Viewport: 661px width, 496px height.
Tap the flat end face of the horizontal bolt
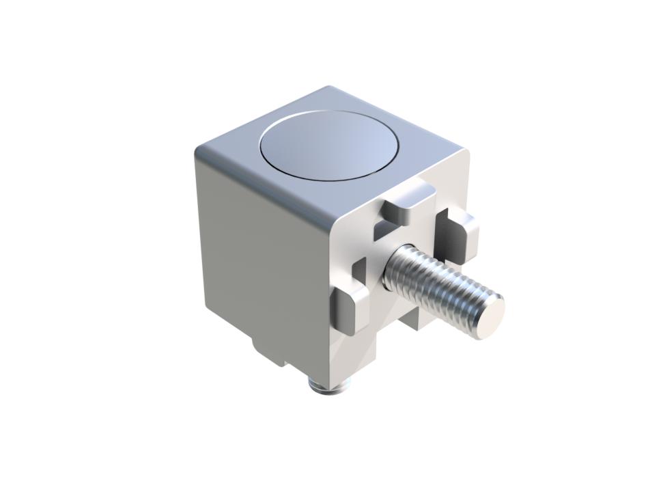tap(491, 315)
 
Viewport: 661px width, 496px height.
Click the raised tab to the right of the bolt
tap(456, 236)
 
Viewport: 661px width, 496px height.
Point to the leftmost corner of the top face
tap(197, 152)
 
